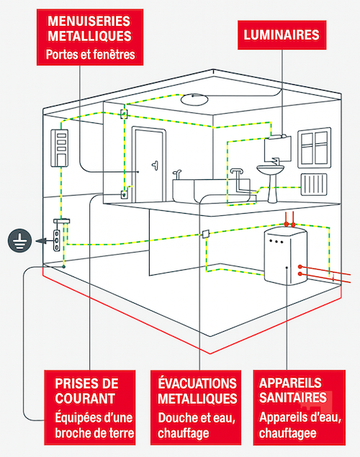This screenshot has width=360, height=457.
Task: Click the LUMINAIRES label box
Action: (x=282, y=35)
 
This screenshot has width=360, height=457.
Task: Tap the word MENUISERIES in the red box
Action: (x=89, y=22)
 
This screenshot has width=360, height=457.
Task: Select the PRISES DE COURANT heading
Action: (x=86, y=391)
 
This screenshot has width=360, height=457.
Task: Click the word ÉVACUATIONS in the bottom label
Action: (x=197, y=384)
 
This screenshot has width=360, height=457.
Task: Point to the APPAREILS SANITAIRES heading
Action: (x=292, y=391)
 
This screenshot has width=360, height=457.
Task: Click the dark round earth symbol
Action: (x=19, y=240)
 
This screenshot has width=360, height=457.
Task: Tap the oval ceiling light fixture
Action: (x=194, y=99)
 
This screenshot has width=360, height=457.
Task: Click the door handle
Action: (x=155, y=165)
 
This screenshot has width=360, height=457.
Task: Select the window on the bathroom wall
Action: (x=314, y=148)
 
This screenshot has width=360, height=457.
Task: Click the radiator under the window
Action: (x=314, y=184)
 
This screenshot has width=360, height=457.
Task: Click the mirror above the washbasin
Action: (x=277, y=149)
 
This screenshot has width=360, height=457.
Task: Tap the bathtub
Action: (x=212, y=190)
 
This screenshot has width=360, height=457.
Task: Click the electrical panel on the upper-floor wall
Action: (x=60, y=148)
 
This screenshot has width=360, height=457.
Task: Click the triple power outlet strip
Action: (x=57, y=240)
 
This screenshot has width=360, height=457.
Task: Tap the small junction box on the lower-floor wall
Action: (x=205, y=233)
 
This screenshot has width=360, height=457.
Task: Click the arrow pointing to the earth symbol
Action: (x=41, y=241)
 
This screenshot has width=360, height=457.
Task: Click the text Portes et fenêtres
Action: (x=91, y=55)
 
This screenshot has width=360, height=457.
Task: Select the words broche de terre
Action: (x=94, y=433)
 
